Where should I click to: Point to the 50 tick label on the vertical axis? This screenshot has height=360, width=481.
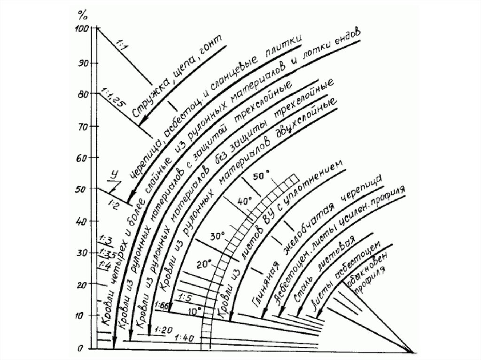click(x=83, y=189)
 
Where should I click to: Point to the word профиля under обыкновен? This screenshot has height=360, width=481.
click(x=372, y=282)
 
